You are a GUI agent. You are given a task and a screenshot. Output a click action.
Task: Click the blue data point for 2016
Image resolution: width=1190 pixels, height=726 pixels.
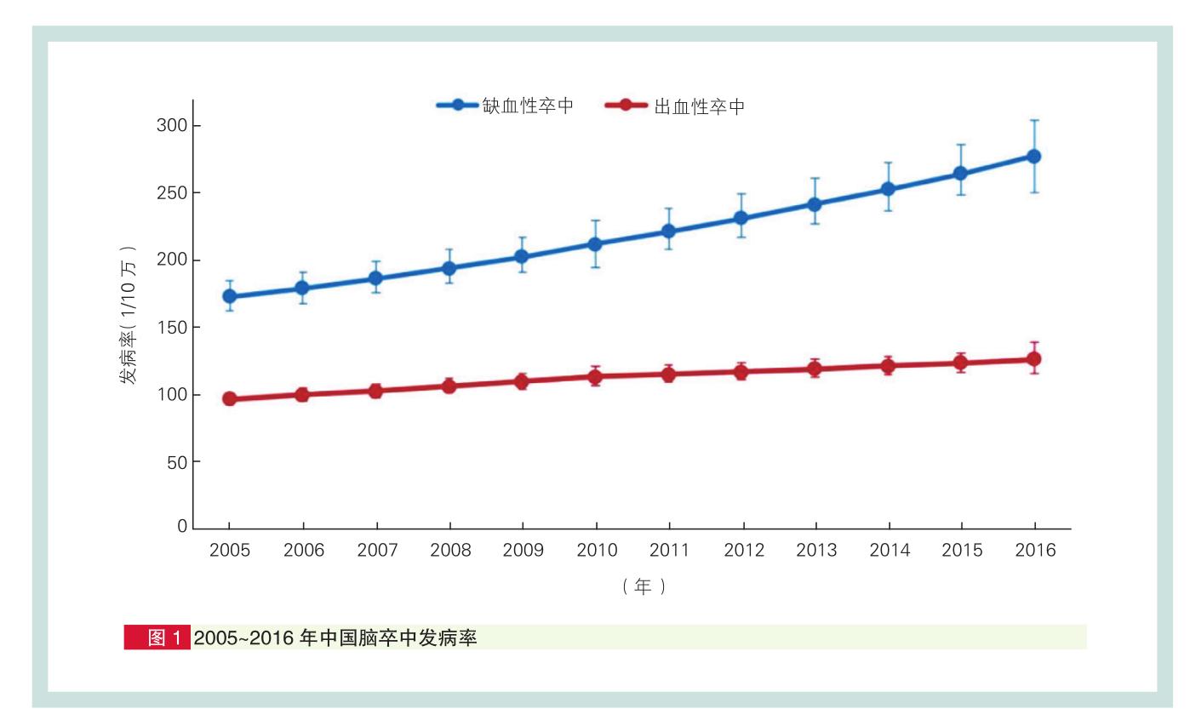point(1033,157)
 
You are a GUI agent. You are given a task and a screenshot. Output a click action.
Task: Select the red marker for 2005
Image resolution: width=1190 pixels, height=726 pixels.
point(230,398)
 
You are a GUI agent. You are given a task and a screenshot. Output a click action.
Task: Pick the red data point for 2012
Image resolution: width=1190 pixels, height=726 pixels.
point(741,371)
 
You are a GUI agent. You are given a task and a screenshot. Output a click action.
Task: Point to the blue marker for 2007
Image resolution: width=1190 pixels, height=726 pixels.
point(376,278)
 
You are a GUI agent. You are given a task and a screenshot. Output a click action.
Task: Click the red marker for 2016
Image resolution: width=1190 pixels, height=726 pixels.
point(1033,359)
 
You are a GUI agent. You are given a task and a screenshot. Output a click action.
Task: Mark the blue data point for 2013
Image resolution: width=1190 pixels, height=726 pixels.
point(815,204)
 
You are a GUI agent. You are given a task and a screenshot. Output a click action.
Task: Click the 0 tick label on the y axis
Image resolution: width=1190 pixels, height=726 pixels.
point(182,528)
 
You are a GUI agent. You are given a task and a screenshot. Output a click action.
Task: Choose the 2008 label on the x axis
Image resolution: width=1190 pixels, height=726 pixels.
point(449,551)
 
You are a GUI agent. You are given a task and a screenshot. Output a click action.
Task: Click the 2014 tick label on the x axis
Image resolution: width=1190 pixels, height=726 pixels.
point(889,551)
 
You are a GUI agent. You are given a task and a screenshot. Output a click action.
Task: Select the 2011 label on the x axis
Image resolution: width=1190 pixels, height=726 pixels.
point(669,551)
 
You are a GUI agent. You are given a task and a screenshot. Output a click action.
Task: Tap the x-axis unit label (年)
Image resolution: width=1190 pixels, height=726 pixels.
point(643,586)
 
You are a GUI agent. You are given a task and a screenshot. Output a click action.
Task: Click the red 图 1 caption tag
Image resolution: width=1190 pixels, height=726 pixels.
point(157,637)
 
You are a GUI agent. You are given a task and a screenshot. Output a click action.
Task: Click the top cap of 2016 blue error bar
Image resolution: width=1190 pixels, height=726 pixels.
point(1033,120)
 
